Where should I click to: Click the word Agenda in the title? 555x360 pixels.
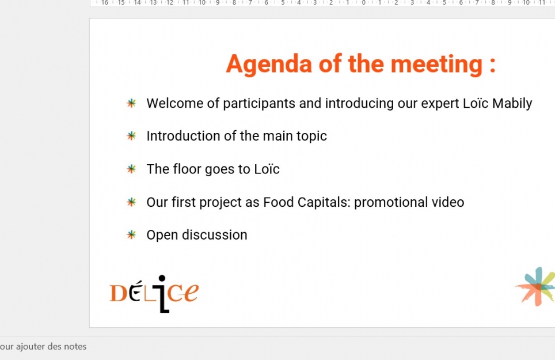click(269, 65)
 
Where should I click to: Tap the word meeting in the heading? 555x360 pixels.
click(436, 65)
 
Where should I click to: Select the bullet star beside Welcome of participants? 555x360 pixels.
click(131, 103)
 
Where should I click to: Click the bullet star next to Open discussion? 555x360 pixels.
click(131, 234)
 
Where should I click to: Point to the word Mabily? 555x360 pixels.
click(512, 103)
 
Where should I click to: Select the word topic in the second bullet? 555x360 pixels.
click(311, 137)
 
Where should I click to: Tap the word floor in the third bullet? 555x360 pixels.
click(187, 169)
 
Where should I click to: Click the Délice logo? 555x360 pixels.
click(154, 294)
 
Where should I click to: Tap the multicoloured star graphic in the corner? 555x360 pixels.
click(535, 286)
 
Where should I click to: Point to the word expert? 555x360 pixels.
click(440, 104)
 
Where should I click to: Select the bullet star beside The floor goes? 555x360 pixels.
click(131, 169)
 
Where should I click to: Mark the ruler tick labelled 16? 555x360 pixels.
click(105, 3)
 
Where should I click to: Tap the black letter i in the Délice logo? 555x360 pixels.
click(162, 294)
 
